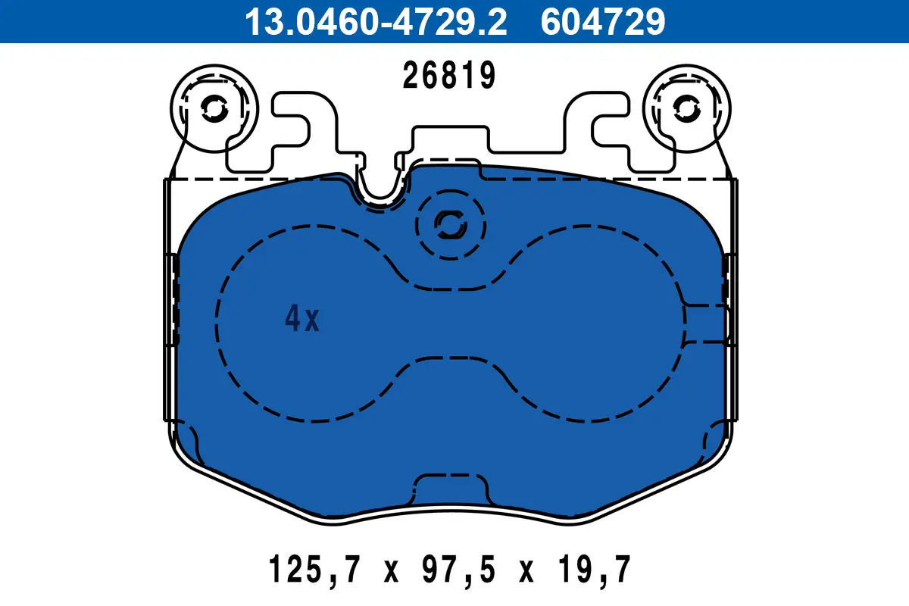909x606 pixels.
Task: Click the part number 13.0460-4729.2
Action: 374,22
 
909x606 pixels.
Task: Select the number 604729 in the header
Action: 603,22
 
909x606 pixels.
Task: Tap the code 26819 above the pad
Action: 449,77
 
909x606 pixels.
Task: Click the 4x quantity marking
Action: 302,320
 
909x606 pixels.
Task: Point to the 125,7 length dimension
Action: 314,569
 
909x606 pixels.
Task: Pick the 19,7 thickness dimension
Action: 600,569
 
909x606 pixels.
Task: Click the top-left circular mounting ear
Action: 214,111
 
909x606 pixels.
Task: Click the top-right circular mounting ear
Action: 687,111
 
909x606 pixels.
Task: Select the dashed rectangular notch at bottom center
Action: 450,489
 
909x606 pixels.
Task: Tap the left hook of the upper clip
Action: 292,129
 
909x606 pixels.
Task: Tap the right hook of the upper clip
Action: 610,129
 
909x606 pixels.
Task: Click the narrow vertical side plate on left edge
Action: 170,303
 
